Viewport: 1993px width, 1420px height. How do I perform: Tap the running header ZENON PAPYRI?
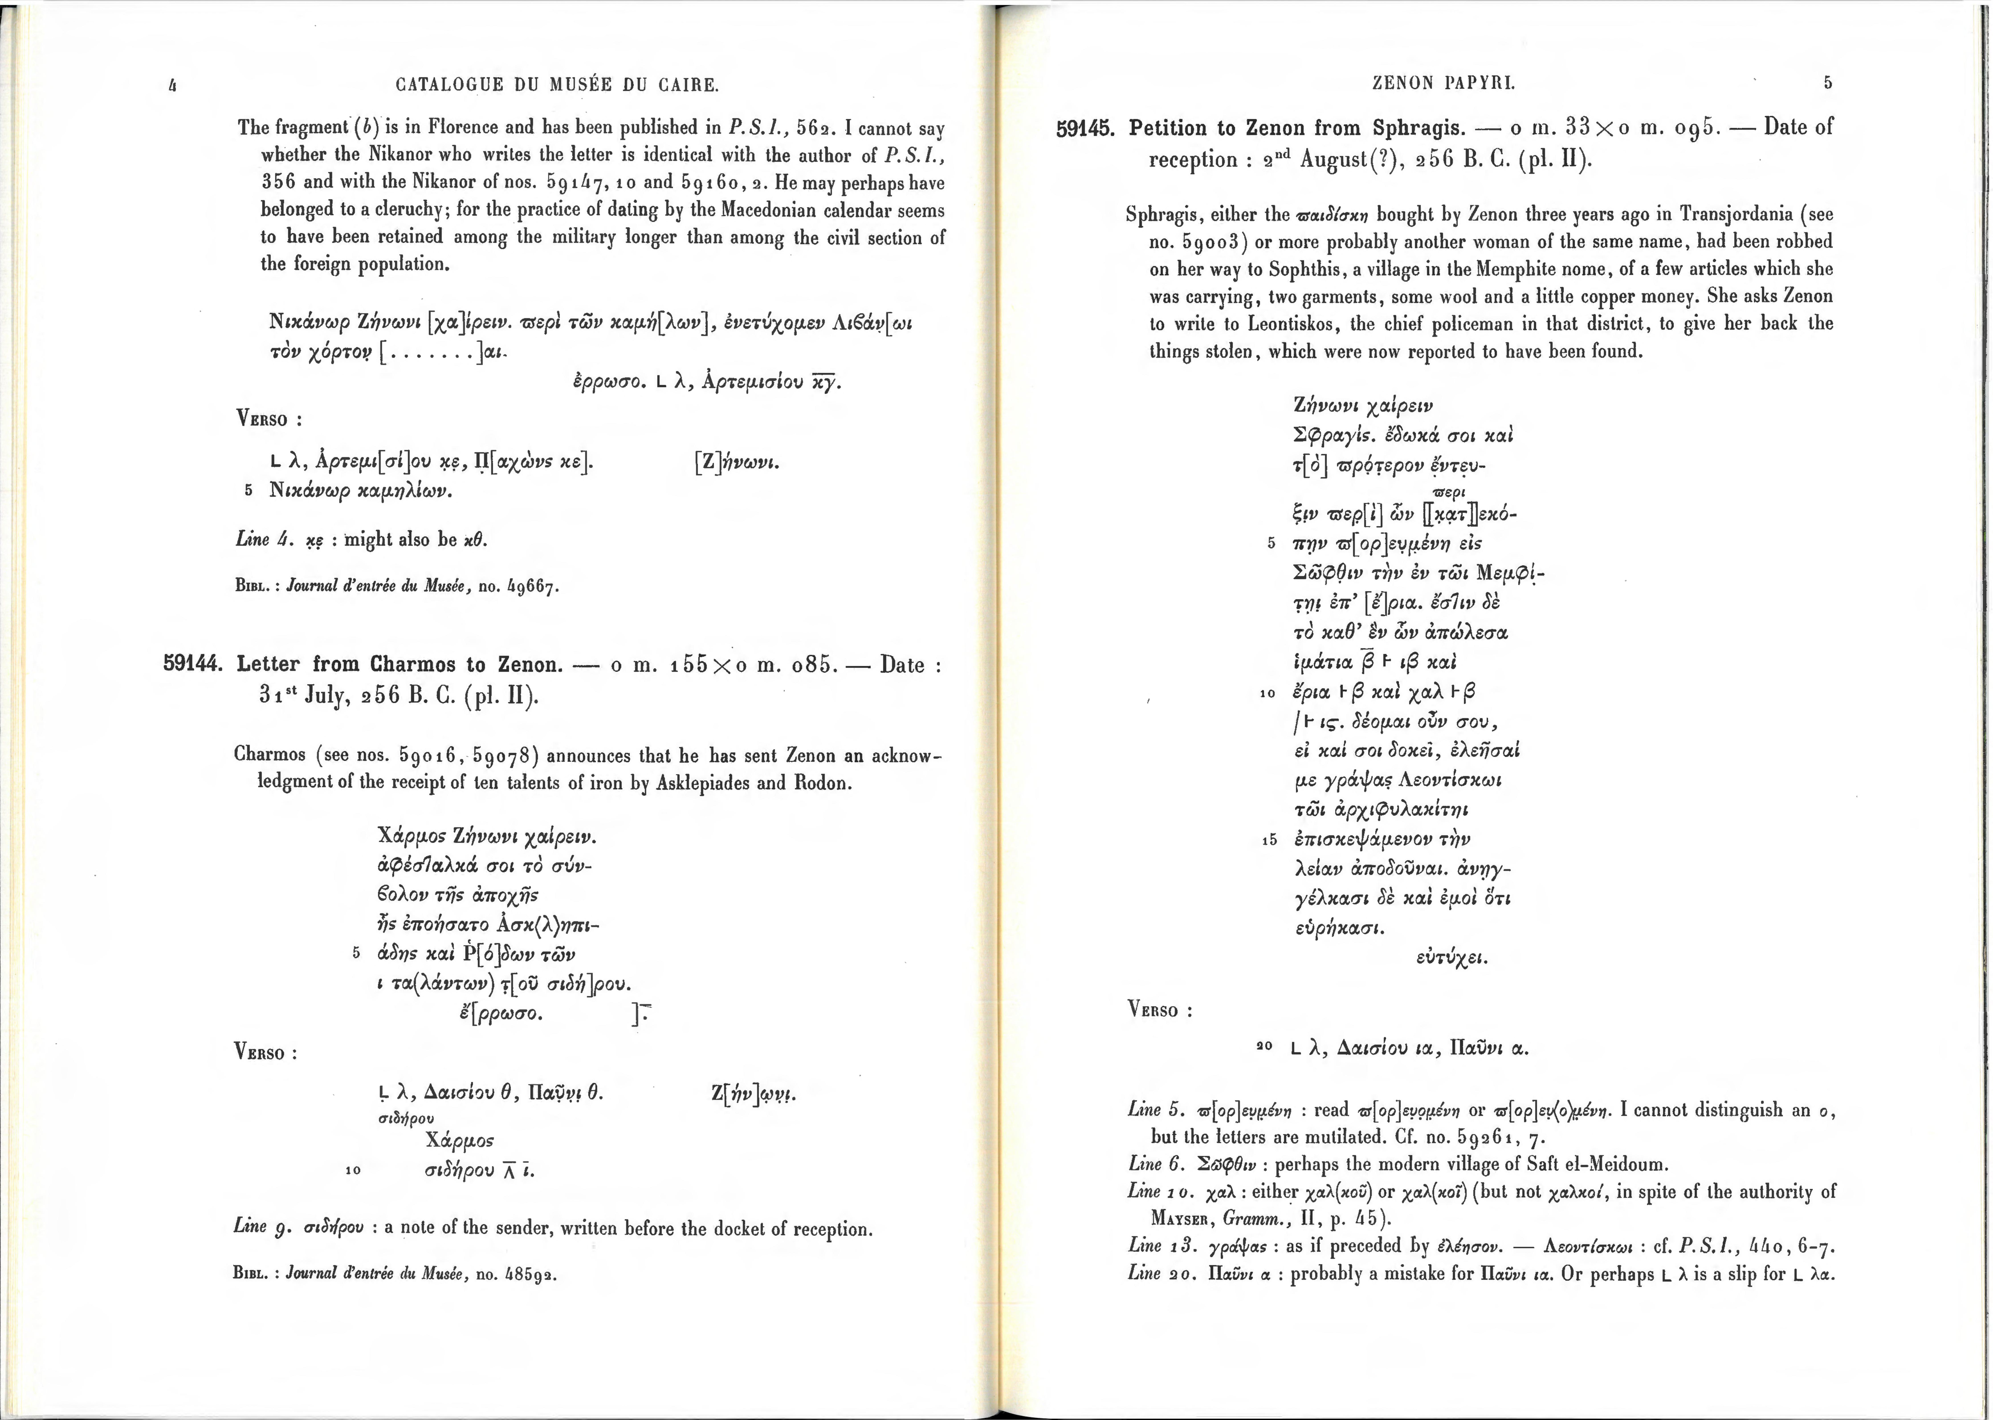[1444, 83]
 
